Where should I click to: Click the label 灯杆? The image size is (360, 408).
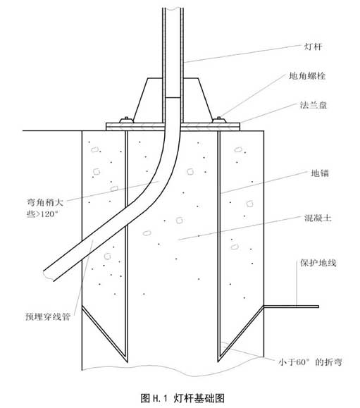tap(314, 47)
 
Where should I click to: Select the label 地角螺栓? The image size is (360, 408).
tap(307, 75)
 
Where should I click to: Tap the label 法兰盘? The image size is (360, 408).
tap(314, 105)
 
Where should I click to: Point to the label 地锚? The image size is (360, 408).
tap(320, 173)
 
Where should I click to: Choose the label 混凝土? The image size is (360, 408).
tap(318, 218)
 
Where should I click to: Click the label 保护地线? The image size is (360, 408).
tap(318, 263)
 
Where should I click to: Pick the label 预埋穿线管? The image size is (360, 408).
tap(48, 316)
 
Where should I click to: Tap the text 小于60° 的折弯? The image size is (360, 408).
tap(310, 362)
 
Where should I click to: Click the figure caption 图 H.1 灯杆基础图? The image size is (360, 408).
tap(182, 398)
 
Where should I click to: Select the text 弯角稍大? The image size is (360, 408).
tap(45, 202)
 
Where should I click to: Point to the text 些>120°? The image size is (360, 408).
tap(42, 214)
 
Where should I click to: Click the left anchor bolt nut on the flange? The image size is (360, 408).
tap(126, 120)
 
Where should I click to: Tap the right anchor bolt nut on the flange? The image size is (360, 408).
tap(219, 120)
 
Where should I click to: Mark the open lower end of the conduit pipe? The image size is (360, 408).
tap(49, 275)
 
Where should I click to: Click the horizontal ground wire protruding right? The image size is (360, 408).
tap(291, 307)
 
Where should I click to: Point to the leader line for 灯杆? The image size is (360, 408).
tap(242, 54)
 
